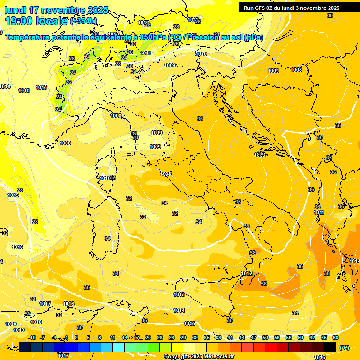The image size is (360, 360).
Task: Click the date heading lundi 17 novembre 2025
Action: [x=56, y=10]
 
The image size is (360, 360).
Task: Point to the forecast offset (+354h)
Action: [x=83, y=21]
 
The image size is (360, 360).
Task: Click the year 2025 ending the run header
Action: [x=333, y=8]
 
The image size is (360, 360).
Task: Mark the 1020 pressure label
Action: [x=11, y=324]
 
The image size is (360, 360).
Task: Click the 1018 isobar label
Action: [x=36, y=322]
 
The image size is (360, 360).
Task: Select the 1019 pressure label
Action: [x=19, y=330]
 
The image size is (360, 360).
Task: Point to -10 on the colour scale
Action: [x=32, y=337]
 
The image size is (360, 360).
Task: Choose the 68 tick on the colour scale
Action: [x=336, y=337]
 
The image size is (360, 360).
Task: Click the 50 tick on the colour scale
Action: [x=265, y=337]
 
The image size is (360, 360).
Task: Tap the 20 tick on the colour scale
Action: [x=148, y=337]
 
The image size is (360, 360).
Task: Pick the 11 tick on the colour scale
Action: [x=112, y=337]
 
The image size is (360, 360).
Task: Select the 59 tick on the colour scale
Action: [x=300, y=337]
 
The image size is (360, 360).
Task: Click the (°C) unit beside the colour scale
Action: [x=345, y=347]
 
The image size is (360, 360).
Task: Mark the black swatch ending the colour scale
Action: [x=330, y=347]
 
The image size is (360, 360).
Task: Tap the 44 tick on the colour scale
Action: [x=242, y=337]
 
